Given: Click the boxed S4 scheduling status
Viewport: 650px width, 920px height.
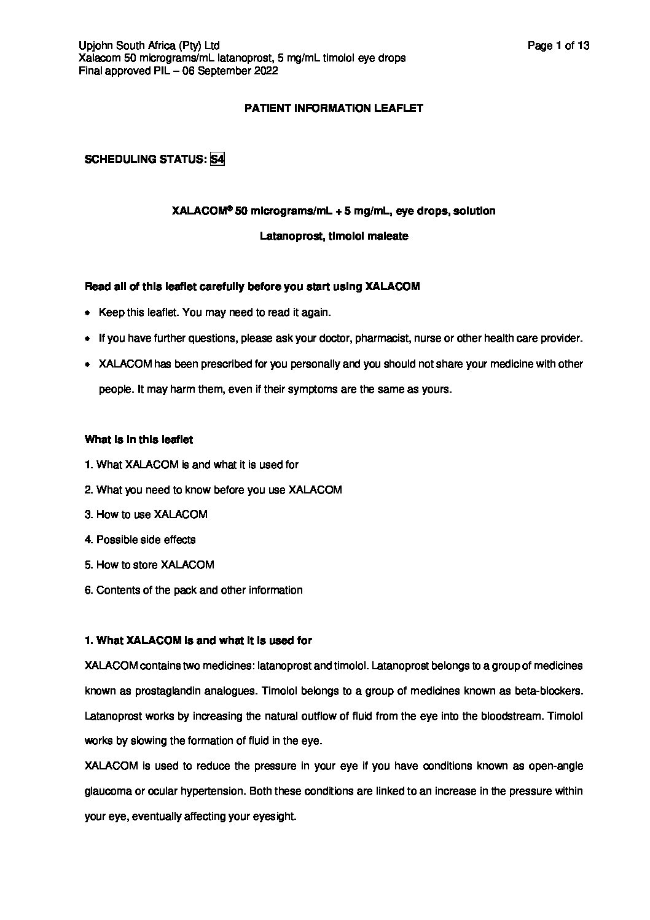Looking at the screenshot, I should (x=217, y=159).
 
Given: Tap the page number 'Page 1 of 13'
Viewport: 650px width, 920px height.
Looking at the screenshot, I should (x=558, y=45).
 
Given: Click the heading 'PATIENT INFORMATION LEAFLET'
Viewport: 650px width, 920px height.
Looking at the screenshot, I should (x=334, y=108).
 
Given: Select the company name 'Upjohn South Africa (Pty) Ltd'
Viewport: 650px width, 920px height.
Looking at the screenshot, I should (x=149, y=45).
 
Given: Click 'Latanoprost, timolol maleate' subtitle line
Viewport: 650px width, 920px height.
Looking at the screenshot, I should (x=334, y=236).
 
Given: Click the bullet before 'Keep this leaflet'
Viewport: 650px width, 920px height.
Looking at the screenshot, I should (x=88, y=313).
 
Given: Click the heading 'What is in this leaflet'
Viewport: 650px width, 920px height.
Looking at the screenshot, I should (x=139, y=439).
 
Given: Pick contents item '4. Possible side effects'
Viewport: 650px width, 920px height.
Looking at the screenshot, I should (x=140, y=540).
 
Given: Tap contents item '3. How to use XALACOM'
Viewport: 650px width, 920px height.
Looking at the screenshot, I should (x=146, y=514).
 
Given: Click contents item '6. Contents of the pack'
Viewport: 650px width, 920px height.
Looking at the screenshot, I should (x=194, y=590).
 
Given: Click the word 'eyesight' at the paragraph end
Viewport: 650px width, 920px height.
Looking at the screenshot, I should (x=273, y=817).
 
